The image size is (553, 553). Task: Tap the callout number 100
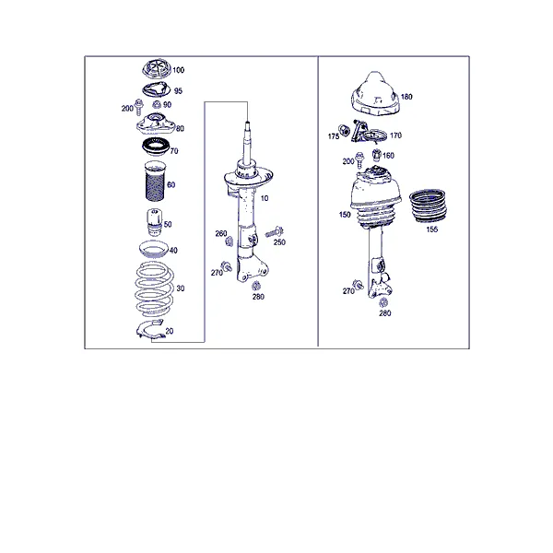pos(179,70)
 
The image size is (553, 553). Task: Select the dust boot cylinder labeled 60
pos(155,181)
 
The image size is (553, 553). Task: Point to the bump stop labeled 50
pos(155,222)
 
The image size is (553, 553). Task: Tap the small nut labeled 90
pos(157,104)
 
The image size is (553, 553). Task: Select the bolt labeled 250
pos(275,232)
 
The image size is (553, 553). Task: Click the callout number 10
pos(265,198)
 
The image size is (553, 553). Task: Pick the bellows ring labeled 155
pos(428,206)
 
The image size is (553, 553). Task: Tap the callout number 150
pos(345,215)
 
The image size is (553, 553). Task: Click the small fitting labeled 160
pos(377,154)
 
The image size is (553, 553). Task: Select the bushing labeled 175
pos(344,130)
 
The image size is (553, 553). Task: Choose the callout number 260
pos(221,233)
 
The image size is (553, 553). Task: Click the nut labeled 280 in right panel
pos(383,302)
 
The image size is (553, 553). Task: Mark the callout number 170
pos(395,135)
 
